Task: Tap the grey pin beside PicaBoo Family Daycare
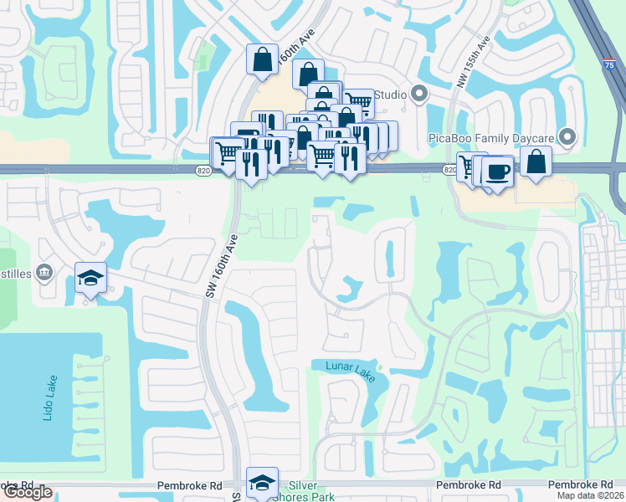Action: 568,136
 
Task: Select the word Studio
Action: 390,95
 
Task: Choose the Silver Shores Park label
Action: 310,490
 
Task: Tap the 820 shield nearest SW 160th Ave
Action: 204,171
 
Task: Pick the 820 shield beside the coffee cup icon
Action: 449,170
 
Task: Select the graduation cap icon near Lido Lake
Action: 90,277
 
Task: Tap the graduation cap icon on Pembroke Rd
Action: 263,481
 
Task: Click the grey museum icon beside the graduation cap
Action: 44,271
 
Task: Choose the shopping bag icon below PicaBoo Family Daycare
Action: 536,162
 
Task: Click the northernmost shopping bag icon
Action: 262,59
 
